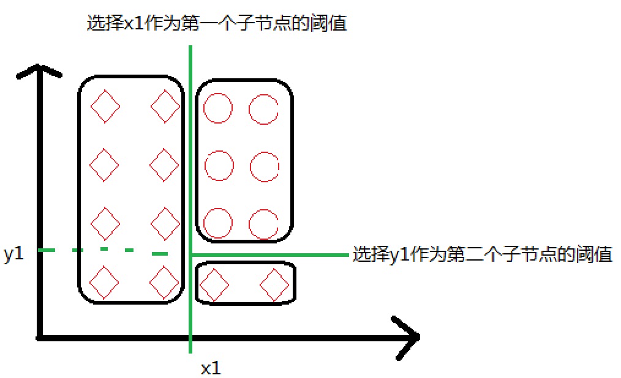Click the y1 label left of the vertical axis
[13, 254]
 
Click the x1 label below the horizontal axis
[211, 368]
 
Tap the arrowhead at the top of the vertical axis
[38, 70]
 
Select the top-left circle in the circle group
[218, 109]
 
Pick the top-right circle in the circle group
[264, 109]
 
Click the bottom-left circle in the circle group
[218, 223]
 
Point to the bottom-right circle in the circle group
[264, 223]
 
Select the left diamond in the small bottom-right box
[214, 285]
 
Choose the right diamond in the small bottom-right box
[274, 285]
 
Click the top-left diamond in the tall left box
[105, 106]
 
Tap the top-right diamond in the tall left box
[165, 106]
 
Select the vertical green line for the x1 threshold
[191, 153]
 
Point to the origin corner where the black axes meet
[39, 336]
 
